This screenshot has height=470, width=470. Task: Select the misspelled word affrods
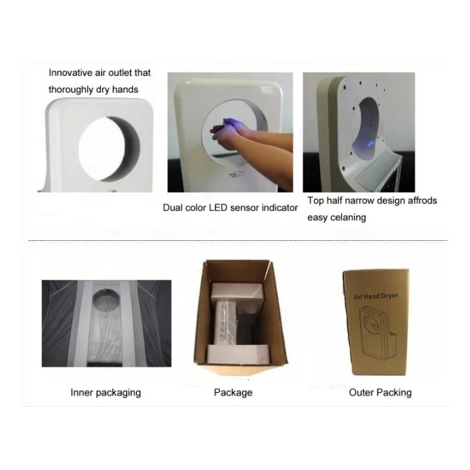pos(419,201)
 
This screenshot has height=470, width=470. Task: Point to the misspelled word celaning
pos(347,217)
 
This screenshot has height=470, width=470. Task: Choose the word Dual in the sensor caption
pos(173,208)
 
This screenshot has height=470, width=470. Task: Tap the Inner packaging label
pos(106,392)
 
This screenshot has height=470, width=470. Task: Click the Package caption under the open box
pos(233,392)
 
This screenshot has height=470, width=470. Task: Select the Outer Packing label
pos(380,392)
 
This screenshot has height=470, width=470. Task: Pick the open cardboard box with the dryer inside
pos(237,320)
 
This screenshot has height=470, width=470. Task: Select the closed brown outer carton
pos(377,323)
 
